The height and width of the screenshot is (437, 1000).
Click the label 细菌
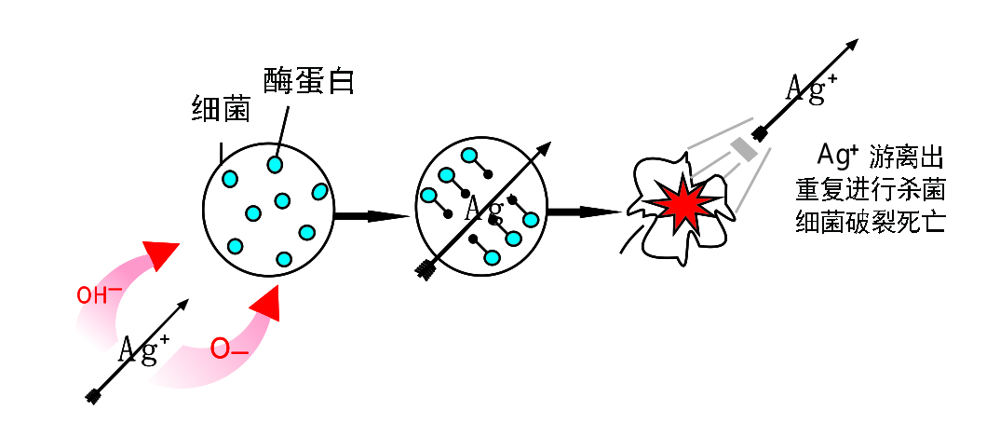221,109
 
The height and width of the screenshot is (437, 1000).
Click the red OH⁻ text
99,295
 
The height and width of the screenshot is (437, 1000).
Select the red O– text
228,349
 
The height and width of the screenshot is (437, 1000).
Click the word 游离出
907,154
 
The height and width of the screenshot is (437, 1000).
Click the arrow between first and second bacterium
372,216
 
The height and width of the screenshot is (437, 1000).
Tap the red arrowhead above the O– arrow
268,304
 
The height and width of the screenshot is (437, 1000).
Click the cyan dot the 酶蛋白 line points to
275,165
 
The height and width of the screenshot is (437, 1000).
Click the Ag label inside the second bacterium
484,208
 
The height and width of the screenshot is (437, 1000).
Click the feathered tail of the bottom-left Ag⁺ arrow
93,397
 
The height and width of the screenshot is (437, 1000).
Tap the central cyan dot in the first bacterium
282,200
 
